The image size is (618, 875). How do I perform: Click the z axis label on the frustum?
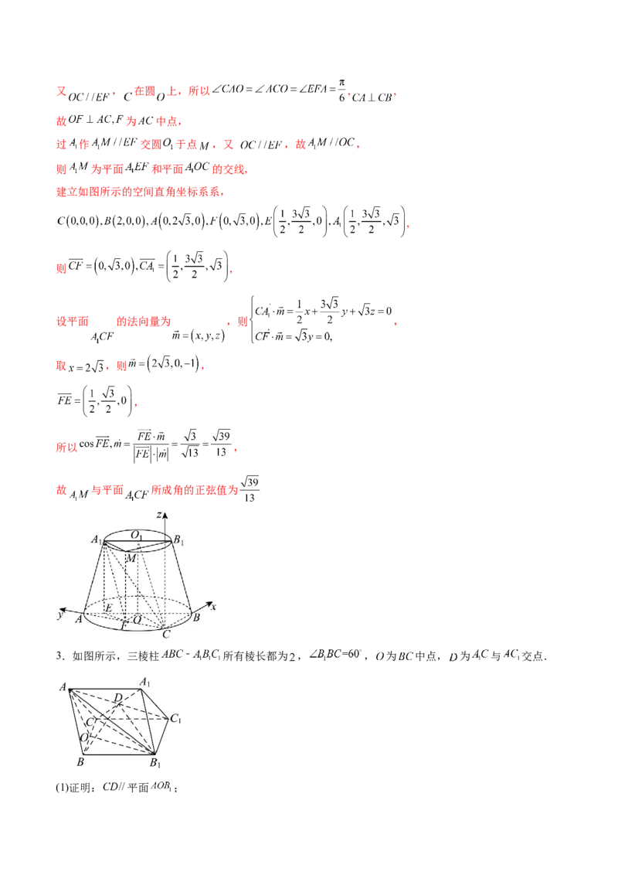coord(158,514)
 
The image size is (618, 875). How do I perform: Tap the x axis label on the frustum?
coord(212,607)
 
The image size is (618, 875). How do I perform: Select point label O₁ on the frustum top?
coord(136,535)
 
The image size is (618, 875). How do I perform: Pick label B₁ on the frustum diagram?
coord(178,540)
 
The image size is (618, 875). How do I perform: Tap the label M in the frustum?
coord(131,558)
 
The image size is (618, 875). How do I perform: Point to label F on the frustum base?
coord(124,625)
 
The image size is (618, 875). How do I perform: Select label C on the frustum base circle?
coord(165,635)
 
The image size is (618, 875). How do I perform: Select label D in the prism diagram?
coord(117,699)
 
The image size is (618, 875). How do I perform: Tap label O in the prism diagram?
coord(83,737)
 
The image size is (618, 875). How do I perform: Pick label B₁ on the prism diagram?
coord(154,764)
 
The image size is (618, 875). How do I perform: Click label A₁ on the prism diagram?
coord(144,681)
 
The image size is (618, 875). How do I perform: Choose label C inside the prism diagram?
coord(90,721)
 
